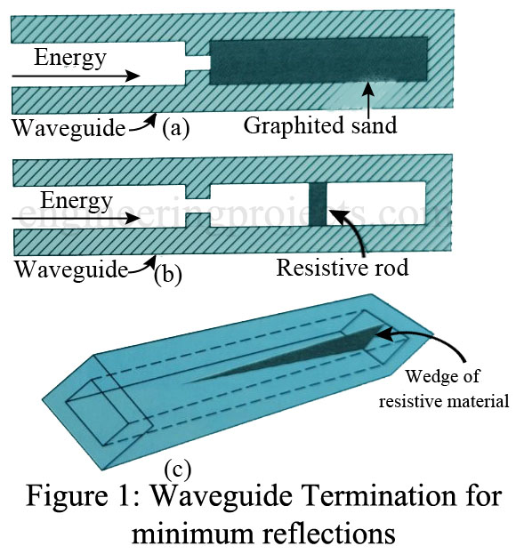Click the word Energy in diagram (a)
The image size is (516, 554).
click(70, 59)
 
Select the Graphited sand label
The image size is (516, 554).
click(320, 126)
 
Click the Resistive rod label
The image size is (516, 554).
click(343, 267)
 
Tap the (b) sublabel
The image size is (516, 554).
click(169, 273)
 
